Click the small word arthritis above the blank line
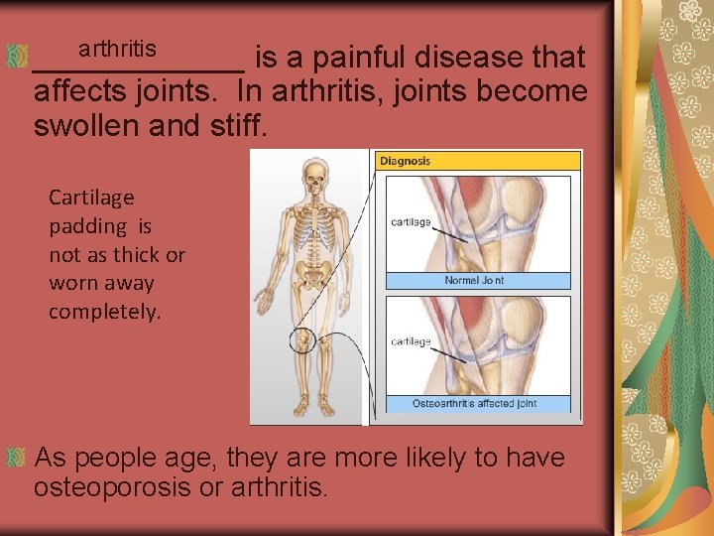pos(117,48)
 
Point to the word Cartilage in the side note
pos(91,198)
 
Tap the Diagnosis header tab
pos(406,161)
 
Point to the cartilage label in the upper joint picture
pos(411,221)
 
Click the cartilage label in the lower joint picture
pos(411,341)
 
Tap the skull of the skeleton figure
pos(313,178)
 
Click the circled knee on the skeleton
pos(301,340)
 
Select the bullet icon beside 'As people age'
pos(16,458)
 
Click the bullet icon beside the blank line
pos(16,58)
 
